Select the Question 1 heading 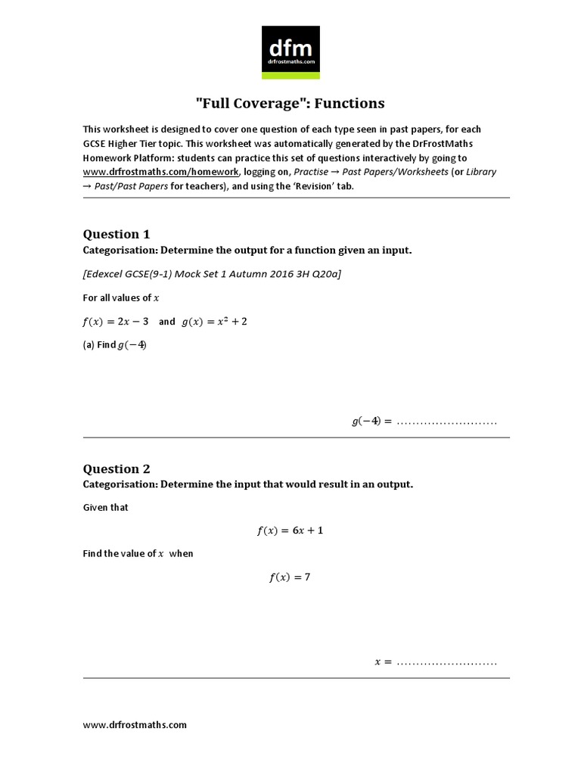(x=111, y=234)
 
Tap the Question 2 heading (x=111, y=468)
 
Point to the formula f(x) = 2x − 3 (x=115, y=322)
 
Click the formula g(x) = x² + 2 (x=215, y=322)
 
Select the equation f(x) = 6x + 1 (x=290, y=531)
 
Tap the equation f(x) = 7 (x=290, y=577)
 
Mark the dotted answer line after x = (x=446, y=663)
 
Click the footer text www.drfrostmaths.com (x=135, y=724)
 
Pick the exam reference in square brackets (x=212, y=274)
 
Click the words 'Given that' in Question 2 (x=105, y=507)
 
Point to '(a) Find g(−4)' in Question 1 (x=115, y=345)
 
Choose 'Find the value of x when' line (x=138, y=553)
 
